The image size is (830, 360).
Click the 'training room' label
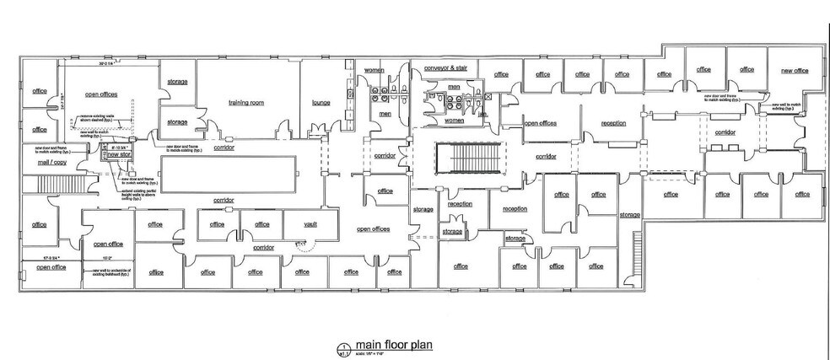tap(246, 103)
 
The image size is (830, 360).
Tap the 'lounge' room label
tap(321, 103)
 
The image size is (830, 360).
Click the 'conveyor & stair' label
tap(445, 67)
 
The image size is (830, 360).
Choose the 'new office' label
tap(794, 71)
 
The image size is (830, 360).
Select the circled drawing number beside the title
tap(342, 347)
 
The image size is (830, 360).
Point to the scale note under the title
tap(375, 352)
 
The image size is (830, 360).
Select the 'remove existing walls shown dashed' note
tap(99, 119)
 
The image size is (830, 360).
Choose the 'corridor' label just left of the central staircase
tap(385, 156)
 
